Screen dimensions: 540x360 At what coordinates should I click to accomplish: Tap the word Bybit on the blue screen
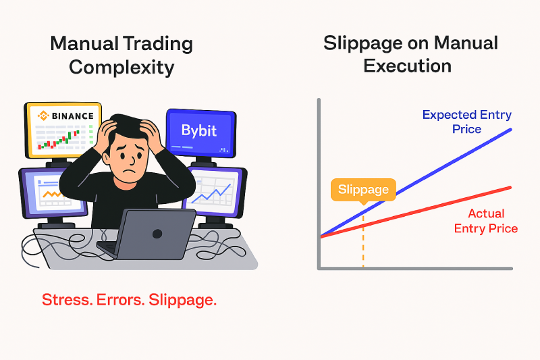click(199, 130)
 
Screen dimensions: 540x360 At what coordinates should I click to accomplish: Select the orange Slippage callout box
click(363, 190)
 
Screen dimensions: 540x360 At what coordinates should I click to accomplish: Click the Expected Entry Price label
click(467, 122)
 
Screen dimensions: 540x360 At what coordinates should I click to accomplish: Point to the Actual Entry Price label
click(486, 221)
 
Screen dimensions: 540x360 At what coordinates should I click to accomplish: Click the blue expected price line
click(416, 183)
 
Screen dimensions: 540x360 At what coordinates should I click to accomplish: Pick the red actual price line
click(416, 212)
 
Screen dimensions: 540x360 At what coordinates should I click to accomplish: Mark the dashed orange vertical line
click(363, 241)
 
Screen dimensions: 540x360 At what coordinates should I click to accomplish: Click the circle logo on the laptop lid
click(157, 234)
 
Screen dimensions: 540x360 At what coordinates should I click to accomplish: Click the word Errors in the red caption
click(120, 300)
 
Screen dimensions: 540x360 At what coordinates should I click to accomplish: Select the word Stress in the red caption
click(67, 300)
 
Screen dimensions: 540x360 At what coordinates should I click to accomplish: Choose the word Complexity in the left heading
click(122, 68)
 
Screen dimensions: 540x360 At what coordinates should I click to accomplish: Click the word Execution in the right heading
click(408, 66)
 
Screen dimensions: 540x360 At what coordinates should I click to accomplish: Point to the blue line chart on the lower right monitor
click(211, 195)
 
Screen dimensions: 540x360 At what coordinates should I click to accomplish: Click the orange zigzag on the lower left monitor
click(52, 195)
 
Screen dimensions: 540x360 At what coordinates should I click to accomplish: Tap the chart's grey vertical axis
click(319, 184)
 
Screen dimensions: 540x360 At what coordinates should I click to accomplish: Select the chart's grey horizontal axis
click(415, 268)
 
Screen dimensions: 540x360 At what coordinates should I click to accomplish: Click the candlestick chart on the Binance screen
click(59, 140)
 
